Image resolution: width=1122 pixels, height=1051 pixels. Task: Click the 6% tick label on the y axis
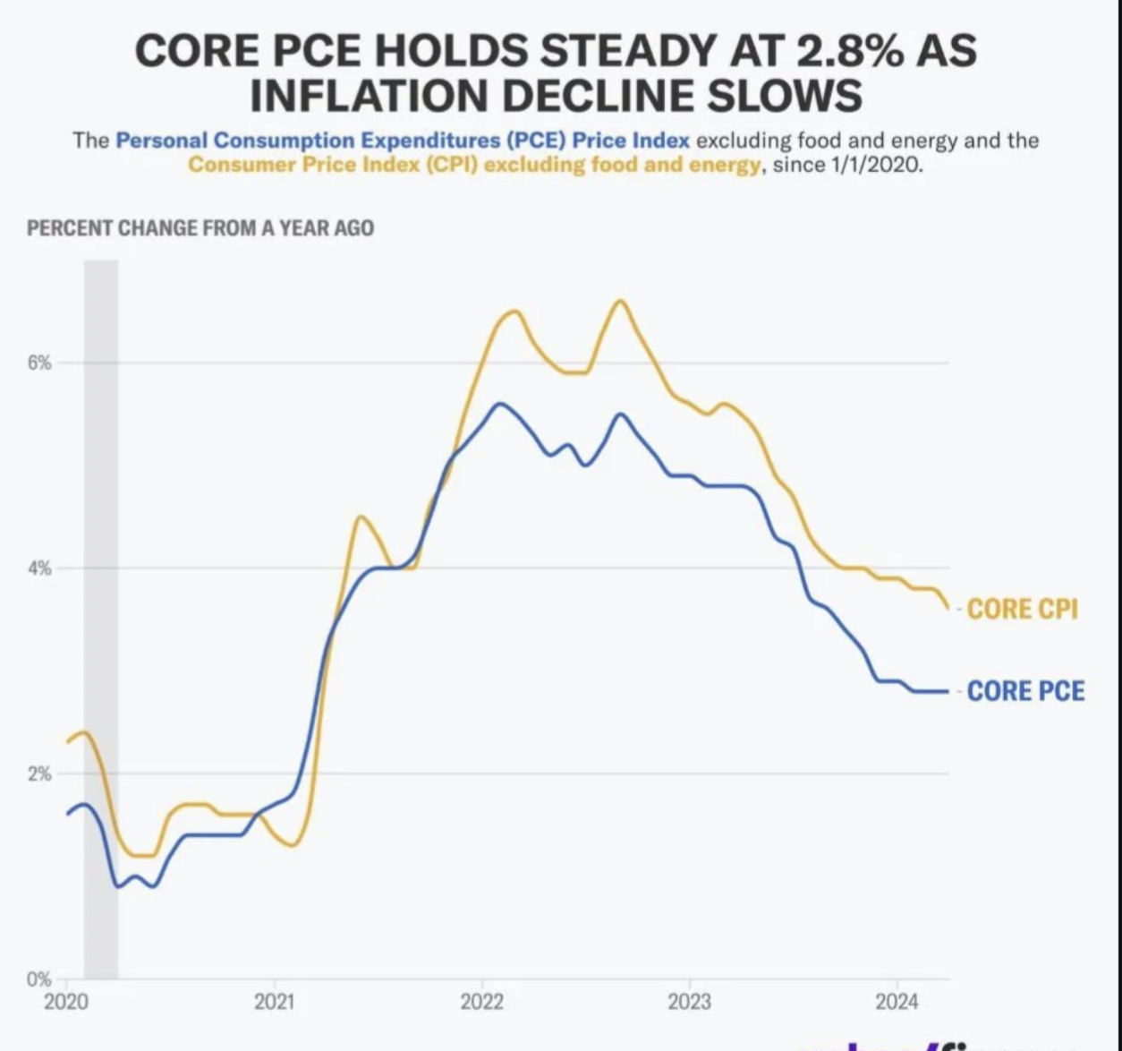[x=39, y=363]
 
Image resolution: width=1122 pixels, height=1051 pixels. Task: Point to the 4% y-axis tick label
[x=39, y=568]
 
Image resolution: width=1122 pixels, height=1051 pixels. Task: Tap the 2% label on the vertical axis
[x=39, y=773]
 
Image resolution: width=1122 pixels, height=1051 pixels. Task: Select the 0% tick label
[x=39, y=978]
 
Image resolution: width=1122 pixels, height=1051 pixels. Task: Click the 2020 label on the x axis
[x=66, y=1002]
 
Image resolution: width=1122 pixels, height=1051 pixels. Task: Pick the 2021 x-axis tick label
[x=274, y=1002]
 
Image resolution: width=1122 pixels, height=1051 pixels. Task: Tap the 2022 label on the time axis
[x=481, y=1002]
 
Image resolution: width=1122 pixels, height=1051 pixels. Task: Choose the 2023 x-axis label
[x=689, y=1002]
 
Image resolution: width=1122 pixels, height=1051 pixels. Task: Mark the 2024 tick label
[x=897, y=1002]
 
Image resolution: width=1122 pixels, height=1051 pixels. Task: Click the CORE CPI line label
[x=1022, y=610]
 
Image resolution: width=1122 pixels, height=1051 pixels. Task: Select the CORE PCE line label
[x=1025, y=691]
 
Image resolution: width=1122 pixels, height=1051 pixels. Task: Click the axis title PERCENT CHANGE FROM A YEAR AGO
[x=200, y=228]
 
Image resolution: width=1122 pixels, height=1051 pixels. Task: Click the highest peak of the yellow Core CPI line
[x=620, y=301]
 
